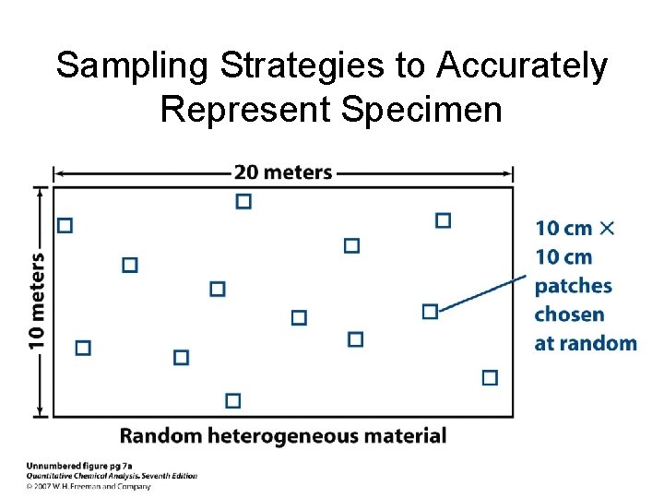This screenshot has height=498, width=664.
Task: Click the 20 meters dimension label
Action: [x=282, y=172]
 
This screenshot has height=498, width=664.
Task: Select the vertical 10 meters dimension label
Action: [x=37, y=302]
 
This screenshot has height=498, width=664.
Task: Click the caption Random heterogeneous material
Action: [x=283, y=435]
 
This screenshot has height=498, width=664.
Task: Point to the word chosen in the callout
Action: [x=569, y=314]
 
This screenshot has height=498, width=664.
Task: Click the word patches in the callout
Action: [x=573, y=286]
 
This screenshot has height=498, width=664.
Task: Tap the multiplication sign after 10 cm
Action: [x=607, y=228]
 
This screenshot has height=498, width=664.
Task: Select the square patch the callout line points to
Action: [x=430, y=312]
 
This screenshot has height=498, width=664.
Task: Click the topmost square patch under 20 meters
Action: [x=243, y=201]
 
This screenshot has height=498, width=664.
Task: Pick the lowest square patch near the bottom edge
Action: [x=232, y=400]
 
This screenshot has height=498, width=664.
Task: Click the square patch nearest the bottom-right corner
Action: [x=490, y=377]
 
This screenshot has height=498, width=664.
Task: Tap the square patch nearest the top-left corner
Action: [x=65, y=225]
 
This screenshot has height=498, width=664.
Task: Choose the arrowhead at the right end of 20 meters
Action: [x=508, y=172]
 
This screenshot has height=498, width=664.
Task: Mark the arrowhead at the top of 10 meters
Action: [x=40, y=191]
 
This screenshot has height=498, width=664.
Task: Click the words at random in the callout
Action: [x=586, y=343]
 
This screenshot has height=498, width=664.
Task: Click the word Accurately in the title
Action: [x=523, y=66]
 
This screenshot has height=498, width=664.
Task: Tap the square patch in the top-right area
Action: [x=443, y=219]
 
